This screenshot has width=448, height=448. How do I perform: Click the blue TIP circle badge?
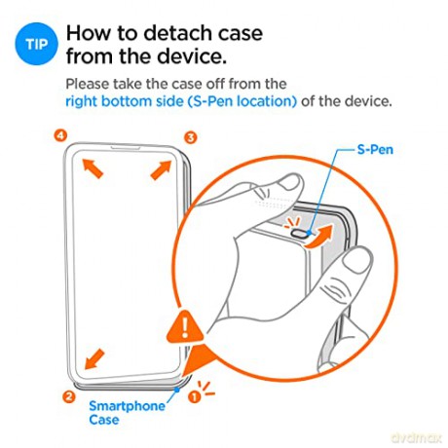coord(36,44)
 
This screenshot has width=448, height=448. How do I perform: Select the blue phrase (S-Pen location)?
coord(242,101)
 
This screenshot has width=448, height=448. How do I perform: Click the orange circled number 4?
coord(60,135)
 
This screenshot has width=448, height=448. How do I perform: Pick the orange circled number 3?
coord(191,137)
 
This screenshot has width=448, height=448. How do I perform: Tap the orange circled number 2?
coord(68,396)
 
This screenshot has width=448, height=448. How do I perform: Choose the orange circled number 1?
coord(194,396)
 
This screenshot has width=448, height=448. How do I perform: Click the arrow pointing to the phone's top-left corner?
coord(93,168)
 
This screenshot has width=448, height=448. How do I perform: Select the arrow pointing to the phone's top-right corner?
coord(162,169)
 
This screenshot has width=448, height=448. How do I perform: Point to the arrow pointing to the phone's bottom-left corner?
coord(94,359)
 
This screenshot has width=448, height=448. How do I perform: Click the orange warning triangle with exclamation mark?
coord(185,326)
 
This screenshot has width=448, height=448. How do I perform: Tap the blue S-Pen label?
coord(375,150)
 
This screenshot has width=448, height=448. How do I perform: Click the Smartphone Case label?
coord(127,413)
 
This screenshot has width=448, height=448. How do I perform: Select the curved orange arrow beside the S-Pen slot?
coord(319,237)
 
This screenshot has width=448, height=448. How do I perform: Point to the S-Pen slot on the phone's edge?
coord(299,233)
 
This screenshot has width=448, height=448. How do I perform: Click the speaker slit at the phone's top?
coord(126,148)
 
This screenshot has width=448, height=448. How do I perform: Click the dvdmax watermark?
coord(417,438)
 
